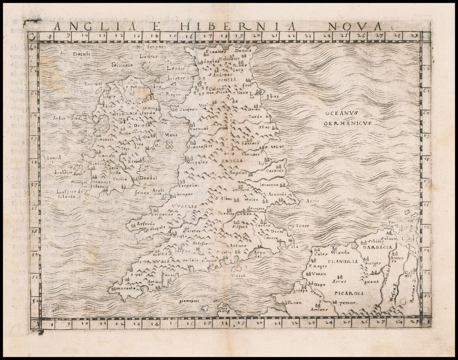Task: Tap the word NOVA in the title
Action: coord(353,26)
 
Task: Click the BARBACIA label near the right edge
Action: coord(377,247)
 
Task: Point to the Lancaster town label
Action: coord(200,146)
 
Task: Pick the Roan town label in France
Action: coord(295,302)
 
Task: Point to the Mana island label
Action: coord(171,135)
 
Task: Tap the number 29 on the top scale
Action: coord(413,35)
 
